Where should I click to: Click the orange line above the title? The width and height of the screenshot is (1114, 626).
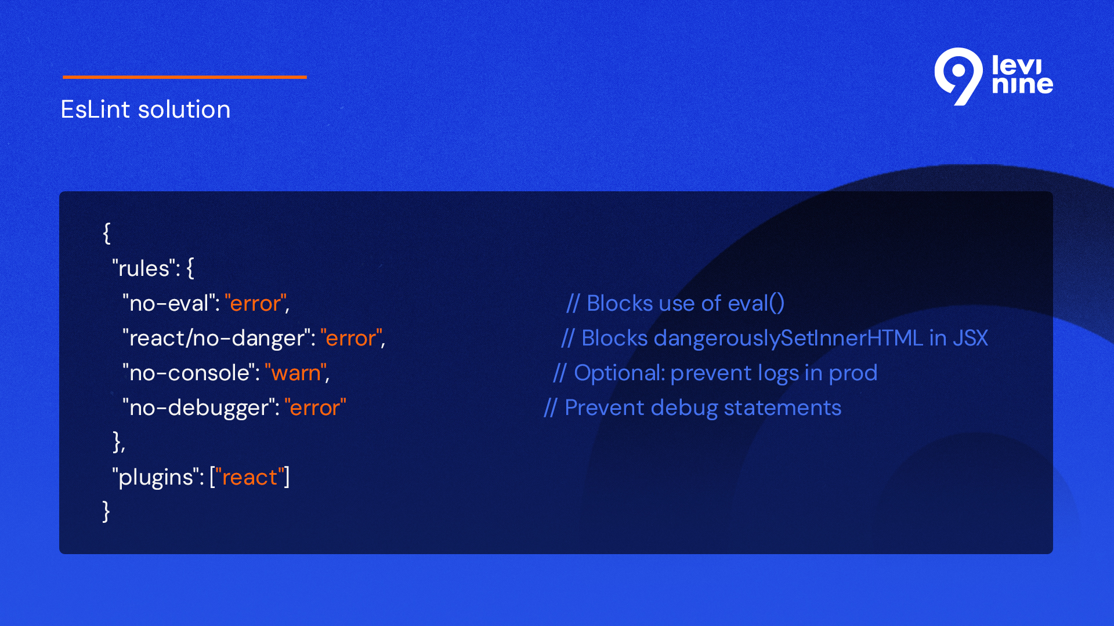(x=185, y=77)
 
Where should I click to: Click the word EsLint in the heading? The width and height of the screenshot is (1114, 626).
(x=96, y=109)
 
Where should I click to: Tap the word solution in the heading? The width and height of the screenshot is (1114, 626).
(x=184, y=109)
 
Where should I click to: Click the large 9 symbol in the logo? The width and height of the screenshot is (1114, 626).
(x=959, y=77)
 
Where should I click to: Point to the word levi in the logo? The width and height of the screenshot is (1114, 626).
(x=1017, y=65)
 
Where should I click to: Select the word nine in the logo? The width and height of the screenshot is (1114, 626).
(x=1022, y=85)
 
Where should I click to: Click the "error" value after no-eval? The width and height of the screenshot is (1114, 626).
(x=255, y=303)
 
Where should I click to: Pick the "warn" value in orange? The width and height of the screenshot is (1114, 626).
(x=296, y=373)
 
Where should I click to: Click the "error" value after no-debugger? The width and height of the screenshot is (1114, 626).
(x=315, y=407)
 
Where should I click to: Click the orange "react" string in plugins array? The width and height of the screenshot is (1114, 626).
(x=249, y=477)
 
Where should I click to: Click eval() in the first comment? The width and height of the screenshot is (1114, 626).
(x=756, y=303)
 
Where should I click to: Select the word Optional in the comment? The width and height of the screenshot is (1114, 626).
(x=619, y=373)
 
